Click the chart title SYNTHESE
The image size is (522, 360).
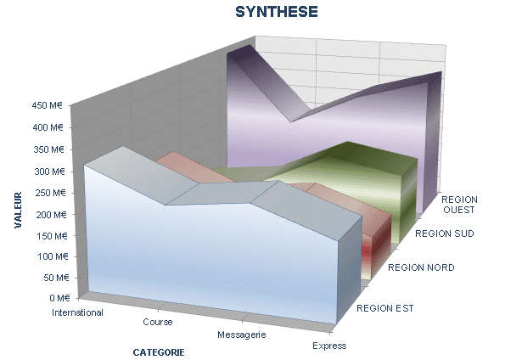click(277, 12)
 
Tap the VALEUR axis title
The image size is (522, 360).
click(18, 210)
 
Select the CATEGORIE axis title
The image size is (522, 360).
click(159, 352)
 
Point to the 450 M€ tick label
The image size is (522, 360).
click(48, 105)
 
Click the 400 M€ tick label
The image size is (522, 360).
click(48, 127)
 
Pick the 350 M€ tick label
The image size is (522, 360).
click(48, 149)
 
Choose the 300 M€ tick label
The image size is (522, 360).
click(49, 172)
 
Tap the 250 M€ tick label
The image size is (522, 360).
click(50, 193)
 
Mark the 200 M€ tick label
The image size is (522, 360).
click(51, 215)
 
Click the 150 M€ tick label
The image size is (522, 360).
click(52, 236)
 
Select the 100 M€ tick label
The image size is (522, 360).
click(53, 256)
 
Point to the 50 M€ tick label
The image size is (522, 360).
click(56, 278)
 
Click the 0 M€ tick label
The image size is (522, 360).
click(59, 298)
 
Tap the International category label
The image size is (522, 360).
click(77, 312)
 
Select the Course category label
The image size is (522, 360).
click(158, 322)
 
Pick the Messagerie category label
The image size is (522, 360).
click(242, 335)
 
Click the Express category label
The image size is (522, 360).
click(329, 346)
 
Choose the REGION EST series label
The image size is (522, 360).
click(385, 308)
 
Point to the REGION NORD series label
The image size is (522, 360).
click(421, 267)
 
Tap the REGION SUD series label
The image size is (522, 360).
click(445, 233)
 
